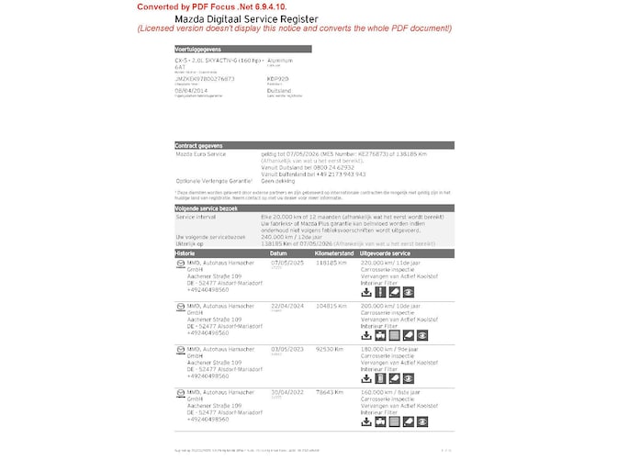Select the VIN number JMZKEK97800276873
[x=205, y=79]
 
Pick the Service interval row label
[x=197, y=218]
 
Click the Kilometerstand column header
[x=333, y=253]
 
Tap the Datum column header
[x=278, y=253]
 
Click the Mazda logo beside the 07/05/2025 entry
[x=180, y=264]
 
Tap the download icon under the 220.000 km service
[x=366, y=292]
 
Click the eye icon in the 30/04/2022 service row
[x=409, y=422]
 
